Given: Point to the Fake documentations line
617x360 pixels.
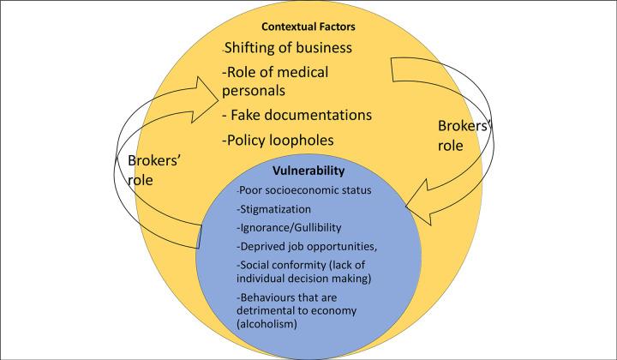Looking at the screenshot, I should tap(297, 115).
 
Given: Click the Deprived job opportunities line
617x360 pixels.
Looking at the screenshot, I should tap(297, 246).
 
